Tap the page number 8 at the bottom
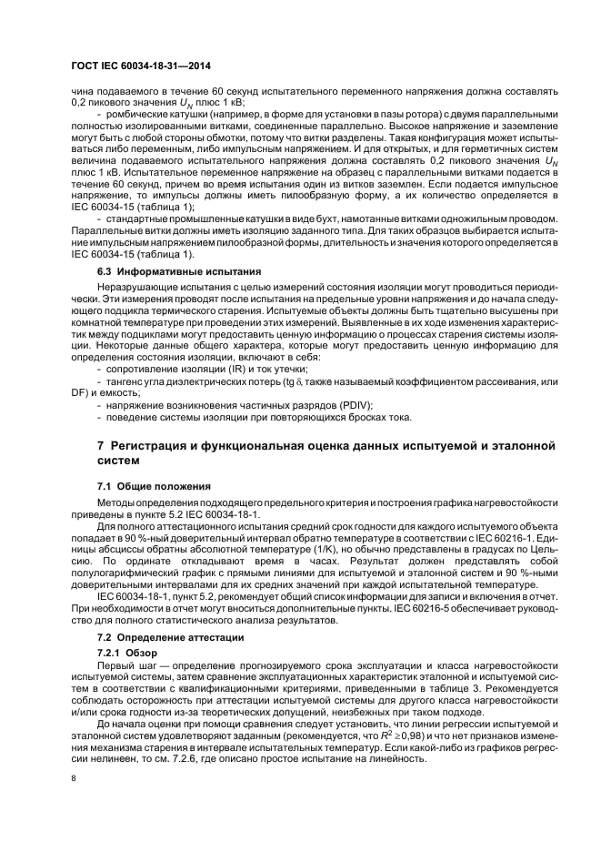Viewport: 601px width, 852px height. click(75, 780)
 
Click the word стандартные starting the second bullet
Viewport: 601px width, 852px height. click(139, 220)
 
